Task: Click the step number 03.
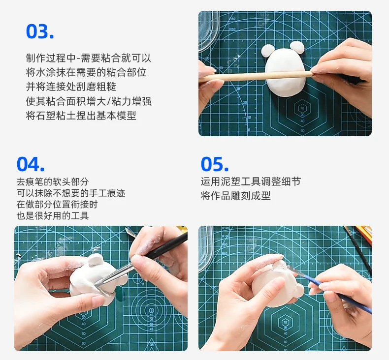click(x=40, y=31)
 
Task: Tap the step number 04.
click(x=31, y=164)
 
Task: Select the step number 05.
click(x=215, y=164)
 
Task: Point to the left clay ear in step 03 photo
click(x=268, y=51)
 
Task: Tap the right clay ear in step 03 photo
click(x=297, y=47)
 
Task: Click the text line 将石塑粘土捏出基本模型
click(x=81, y=116)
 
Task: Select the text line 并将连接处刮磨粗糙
click(x=71, y=87)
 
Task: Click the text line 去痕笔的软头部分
click(x=53, y=181)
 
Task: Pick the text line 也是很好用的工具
click(x=53, y=215)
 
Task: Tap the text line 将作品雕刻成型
click(x=235, y=196)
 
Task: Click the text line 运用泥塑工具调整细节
click(x=251, y=181)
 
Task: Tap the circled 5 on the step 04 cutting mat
click(x=152, y=310)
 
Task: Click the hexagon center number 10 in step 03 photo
click(x=302, y=108)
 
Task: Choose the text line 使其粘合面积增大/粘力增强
click(x=89, y=101)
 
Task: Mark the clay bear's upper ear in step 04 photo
click(x=95, y=260)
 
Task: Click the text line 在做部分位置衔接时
click(x=57, y=205)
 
